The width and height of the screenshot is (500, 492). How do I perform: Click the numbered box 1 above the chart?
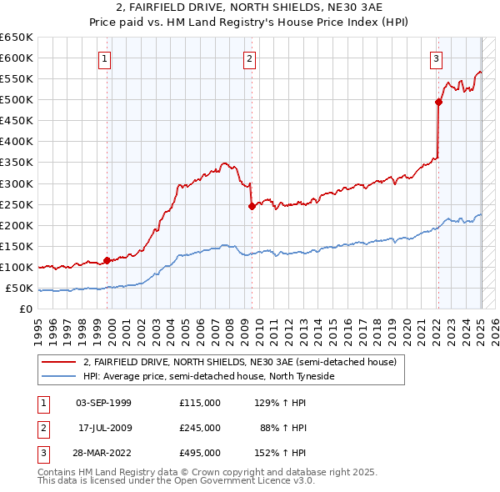[x=105, y=58]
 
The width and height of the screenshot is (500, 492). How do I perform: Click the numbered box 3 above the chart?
[x=437, y=58]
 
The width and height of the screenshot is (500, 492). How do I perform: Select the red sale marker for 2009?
[x=251, y=206]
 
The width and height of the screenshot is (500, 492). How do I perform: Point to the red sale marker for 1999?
[x=107, y=260]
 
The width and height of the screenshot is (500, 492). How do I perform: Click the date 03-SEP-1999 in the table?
[x=103, y=403]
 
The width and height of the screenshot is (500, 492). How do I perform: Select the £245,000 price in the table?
[x=200, y=428]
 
